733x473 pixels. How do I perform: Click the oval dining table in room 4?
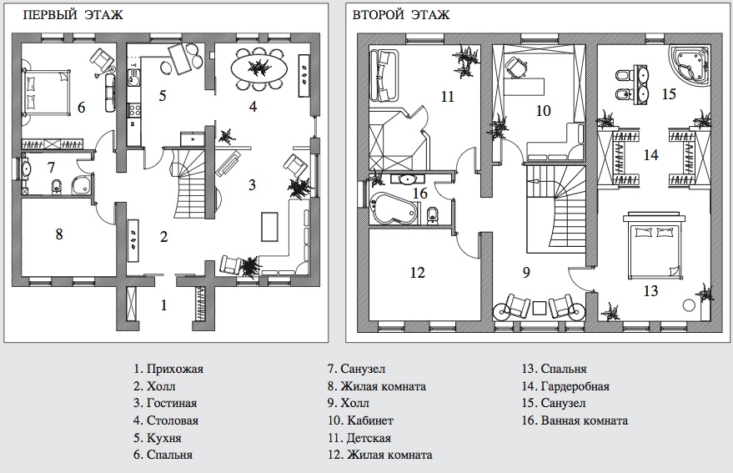(259, 67)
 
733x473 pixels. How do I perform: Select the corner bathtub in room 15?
(690, 66)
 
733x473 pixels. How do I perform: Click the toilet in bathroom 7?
(57, 186)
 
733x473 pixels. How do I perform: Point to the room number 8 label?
(59, 234)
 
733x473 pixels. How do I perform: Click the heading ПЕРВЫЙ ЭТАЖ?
(73, 15)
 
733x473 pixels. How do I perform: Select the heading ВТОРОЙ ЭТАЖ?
(400, 15)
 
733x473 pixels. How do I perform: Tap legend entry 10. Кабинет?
(360, 420)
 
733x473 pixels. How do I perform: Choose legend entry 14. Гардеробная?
(565, 386)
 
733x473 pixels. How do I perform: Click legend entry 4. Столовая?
(166, 420)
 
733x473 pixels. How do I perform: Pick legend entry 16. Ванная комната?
(575, 420)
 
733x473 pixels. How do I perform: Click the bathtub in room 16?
(394, 208)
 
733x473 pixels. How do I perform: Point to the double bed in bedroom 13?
(654, 245)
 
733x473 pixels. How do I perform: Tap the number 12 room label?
(417, 272)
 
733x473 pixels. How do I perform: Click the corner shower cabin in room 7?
(83, 185)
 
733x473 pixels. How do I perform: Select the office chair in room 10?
(517, 67)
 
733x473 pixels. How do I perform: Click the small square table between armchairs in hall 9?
(540, 309)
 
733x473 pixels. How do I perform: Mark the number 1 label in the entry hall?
(163, 305)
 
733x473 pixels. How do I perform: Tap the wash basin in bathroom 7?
(26, 168)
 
